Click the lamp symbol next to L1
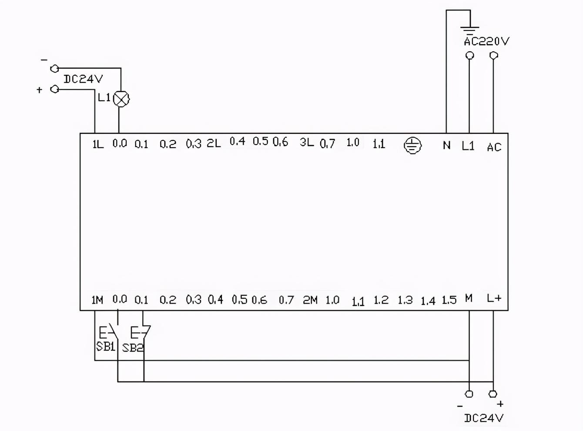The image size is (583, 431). (121, 99)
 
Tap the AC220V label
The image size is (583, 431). (486, 41)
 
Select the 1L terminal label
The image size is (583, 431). (98, 144)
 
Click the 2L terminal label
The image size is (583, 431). (214, 143)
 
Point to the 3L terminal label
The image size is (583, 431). (306, 142)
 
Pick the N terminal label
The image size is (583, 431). (446, 145)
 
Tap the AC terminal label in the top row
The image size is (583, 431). (494, 147)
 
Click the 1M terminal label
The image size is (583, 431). (97, 300)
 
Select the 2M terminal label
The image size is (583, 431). (310, 300)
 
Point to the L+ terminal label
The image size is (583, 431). (494, 298)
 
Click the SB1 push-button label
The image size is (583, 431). (105, 347)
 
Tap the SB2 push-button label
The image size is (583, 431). (132, 348)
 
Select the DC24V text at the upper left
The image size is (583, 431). (83, 79)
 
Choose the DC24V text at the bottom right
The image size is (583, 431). (483, 418)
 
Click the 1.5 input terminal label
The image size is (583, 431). (449, 300)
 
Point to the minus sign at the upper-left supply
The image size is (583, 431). (44, 60)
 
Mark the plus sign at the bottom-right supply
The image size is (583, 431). (500, 404)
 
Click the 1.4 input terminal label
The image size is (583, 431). (428, 301)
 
